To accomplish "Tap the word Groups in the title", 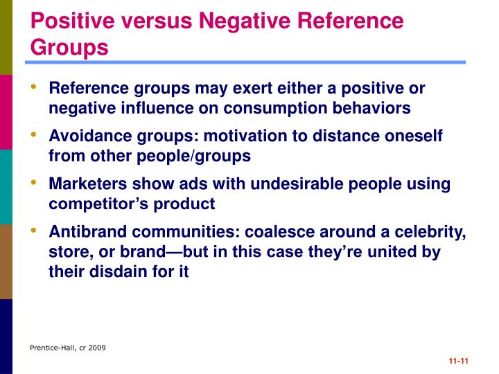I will click(70, 47).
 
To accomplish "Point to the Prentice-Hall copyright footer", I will click(67, 347).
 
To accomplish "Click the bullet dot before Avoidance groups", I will click(34, 134).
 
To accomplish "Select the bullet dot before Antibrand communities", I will click(34, 231).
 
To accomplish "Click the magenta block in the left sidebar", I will click(6, 112).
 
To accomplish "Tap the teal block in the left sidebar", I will click(6, 186).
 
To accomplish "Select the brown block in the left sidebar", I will click(6, 261).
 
